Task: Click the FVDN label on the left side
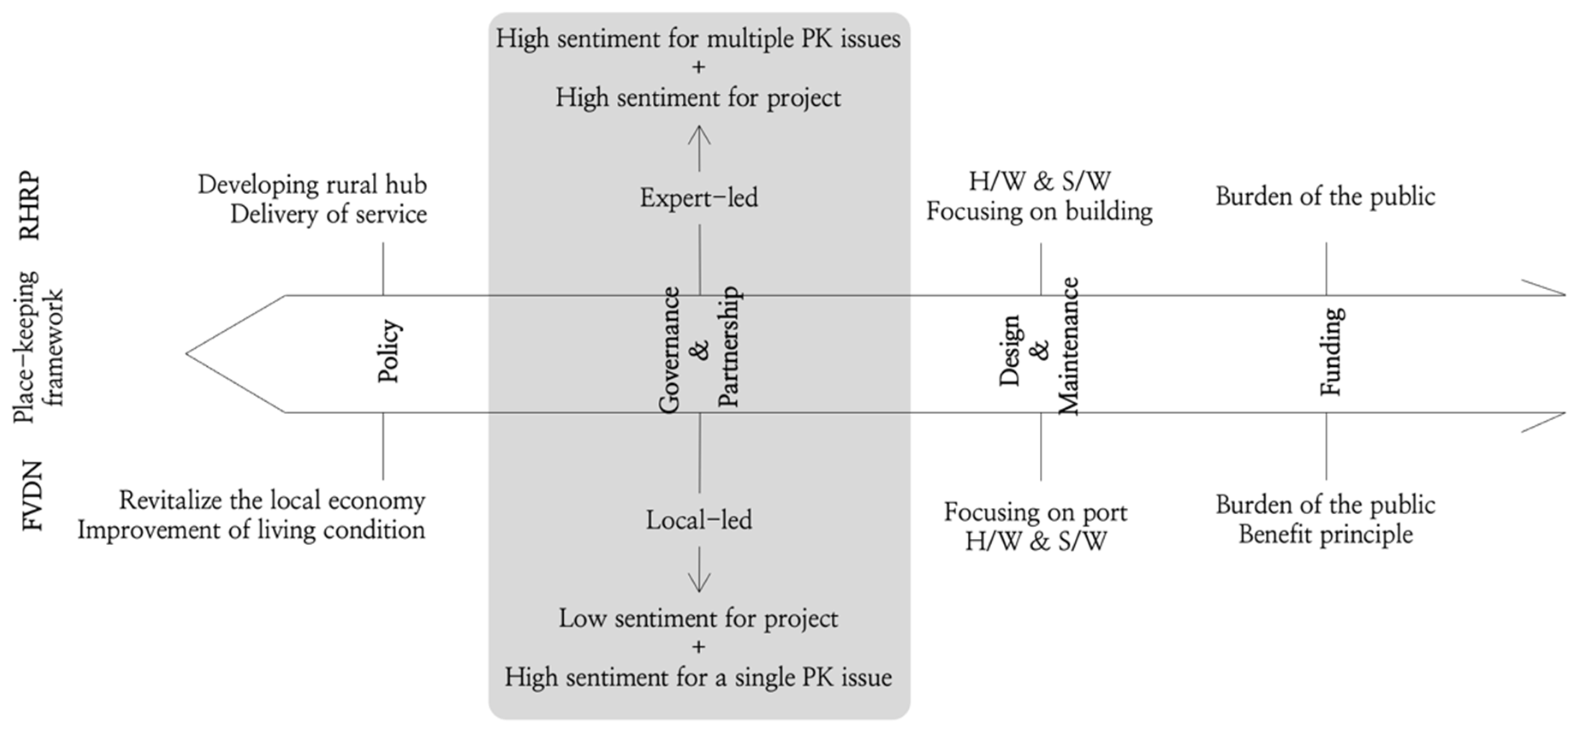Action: (33, 496)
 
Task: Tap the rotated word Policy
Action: (389, 351)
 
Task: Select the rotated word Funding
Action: (1331, 351)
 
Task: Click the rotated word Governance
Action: (669, 350)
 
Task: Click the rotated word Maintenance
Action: (1069, 346)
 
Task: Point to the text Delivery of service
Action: (329, 214)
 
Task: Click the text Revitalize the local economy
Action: (272, 501)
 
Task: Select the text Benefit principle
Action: (1326, 534)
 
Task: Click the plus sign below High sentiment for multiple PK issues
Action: (698, 67)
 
